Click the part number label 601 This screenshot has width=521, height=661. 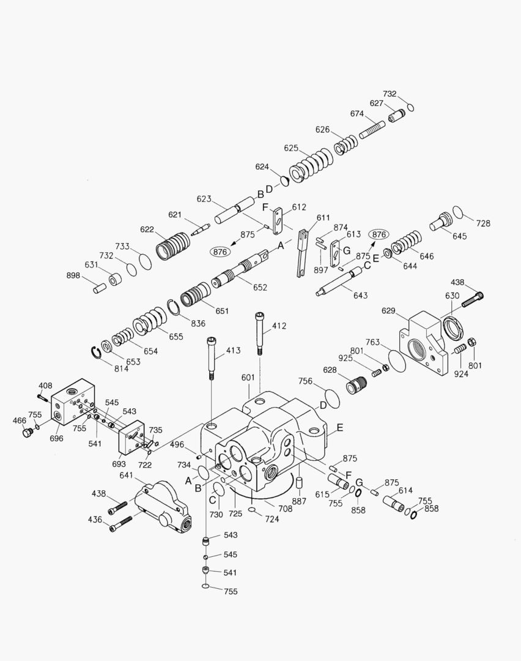(247, 378)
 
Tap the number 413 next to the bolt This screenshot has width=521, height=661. (233, 351)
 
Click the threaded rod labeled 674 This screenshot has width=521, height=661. (372, 130)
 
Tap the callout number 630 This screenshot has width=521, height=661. (452, 296)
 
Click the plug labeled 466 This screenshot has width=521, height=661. (26, 433)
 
